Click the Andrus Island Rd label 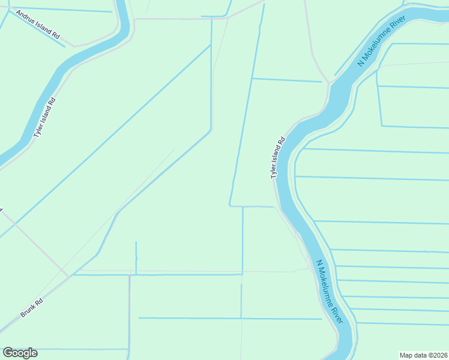click(38, 25)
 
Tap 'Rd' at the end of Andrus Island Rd click(56, 36)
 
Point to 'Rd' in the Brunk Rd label click(39, 302)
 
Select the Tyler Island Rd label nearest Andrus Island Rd click(45, 118)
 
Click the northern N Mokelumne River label click(382, 41)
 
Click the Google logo click(20, 353)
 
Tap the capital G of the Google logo click(8, 353)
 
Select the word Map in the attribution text click(406, 355)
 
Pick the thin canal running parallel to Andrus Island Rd click(36, 29)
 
